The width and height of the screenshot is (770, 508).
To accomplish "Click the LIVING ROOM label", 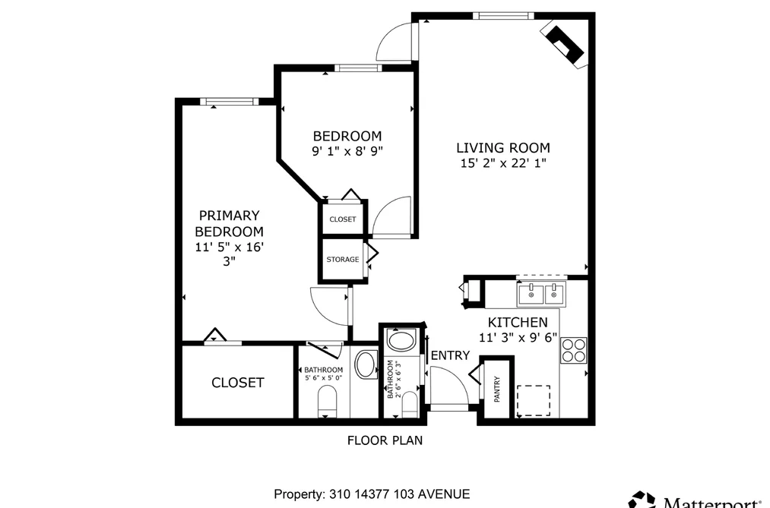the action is tap(503, 147).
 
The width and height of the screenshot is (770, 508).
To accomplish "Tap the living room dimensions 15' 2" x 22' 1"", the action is tap(503, 162).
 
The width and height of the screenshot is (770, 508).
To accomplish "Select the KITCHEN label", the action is tap(518, 322).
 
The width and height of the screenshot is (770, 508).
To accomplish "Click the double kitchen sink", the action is tap(541, 293).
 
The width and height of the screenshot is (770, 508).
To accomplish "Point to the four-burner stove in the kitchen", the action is tap(574, 350).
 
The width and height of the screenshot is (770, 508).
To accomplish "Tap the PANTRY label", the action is tap(497, 390).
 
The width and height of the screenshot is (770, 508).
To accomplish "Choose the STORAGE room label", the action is tap(343, 260).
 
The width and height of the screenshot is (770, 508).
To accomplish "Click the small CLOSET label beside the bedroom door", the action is tap(343, 219).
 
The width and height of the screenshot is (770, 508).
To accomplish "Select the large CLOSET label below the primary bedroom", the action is tap(238, 383).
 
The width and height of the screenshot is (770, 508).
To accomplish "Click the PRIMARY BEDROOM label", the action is tap(229, 223).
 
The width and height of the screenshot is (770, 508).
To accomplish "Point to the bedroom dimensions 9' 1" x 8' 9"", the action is tap(347, 151).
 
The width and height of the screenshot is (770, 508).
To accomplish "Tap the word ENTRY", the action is tap(450, 355).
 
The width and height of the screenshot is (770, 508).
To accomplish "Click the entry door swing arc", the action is tap(461, 379).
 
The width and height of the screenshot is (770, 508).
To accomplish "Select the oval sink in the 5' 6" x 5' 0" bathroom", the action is tap(366, 364).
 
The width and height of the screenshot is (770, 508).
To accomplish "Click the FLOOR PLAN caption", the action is tap(385, 440).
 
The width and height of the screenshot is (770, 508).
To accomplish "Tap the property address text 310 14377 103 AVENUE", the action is tap(400, 494).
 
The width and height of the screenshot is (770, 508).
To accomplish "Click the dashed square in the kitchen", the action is tap(534, 401).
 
